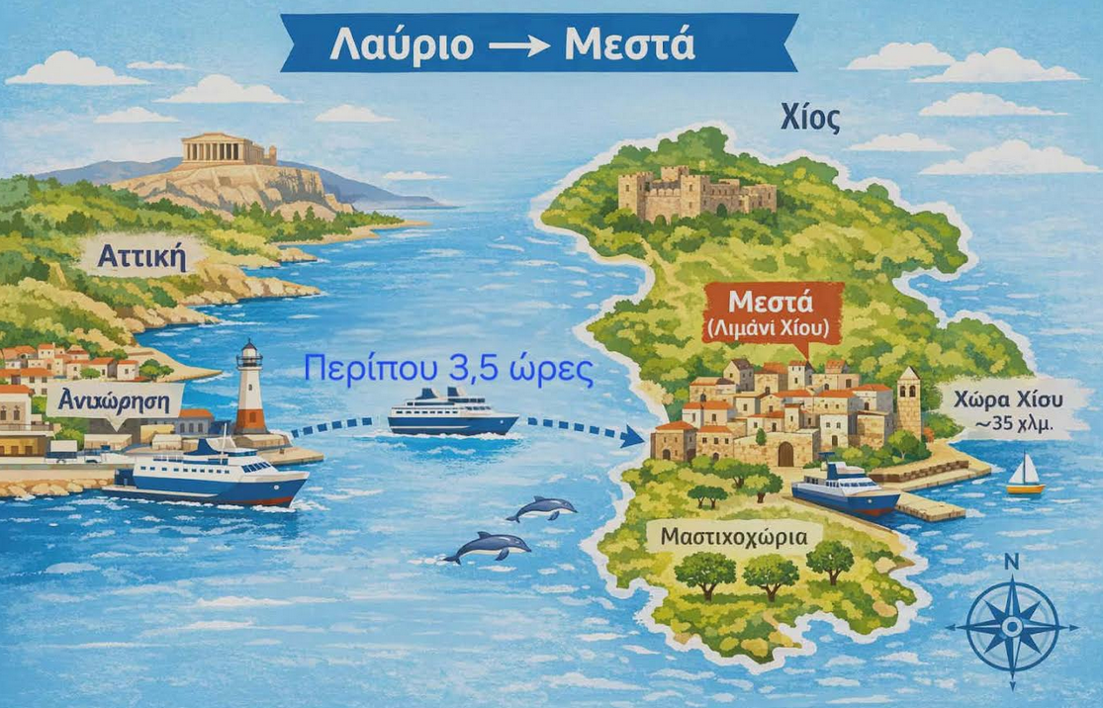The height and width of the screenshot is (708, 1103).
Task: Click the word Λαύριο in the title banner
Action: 406,44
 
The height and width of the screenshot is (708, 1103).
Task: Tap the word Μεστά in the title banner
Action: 629,44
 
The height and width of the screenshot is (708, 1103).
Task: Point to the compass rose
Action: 1011,627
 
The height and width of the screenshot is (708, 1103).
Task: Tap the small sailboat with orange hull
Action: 1026,476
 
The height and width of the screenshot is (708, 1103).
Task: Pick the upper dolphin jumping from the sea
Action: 542,508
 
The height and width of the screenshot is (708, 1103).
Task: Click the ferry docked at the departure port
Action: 210,474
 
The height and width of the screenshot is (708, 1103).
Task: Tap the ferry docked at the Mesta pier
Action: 846,488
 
